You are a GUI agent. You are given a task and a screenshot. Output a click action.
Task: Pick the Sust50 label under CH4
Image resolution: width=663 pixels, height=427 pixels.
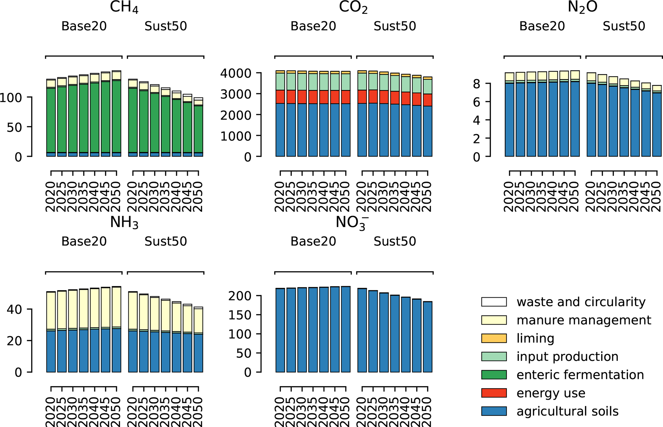pyautogui.click(x=166, y=26)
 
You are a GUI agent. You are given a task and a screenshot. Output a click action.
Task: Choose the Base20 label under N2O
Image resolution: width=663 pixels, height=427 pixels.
pyautogui.click(x=542, y=26)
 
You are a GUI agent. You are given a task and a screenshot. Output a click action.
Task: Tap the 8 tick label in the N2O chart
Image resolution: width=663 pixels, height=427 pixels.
pyautogui.click(x=477, y=84)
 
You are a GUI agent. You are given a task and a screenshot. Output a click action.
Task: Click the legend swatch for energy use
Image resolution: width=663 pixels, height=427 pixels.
pyautogui.click(x=494, y=393)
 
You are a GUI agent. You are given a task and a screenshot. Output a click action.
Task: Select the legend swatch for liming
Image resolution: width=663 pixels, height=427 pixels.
pyautogui.click(x=494, y=338)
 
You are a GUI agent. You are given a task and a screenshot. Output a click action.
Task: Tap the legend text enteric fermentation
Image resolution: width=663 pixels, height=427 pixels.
pyautogui.click(x=580, y=375)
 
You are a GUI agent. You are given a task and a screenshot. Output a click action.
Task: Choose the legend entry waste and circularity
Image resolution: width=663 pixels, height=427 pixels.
pyautogui.click(x=581, y=302)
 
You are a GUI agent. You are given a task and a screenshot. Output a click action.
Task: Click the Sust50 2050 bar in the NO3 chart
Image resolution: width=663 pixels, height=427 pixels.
pyautogui.click(x=428, y=337)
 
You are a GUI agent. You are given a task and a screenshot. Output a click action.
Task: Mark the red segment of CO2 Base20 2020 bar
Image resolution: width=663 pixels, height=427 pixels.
pyautogui.click(x=280, y=97)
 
